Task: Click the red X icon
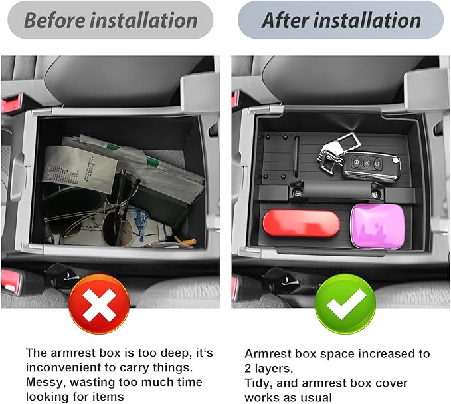pos(99,305)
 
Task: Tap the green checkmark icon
pos(345,305)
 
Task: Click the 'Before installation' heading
pos(110,20)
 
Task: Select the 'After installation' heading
pos(341,20)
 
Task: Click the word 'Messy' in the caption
pos(45,382)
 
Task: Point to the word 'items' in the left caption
pos(108,397)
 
